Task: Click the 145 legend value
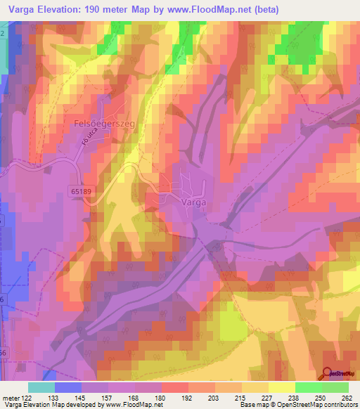point(81,398)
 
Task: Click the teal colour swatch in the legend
point(41,387)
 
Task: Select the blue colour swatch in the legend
point(68,387)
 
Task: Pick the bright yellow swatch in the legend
point(281,387)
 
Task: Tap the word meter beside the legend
point(10,398)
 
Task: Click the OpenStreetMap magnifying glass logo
point(328,375)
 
